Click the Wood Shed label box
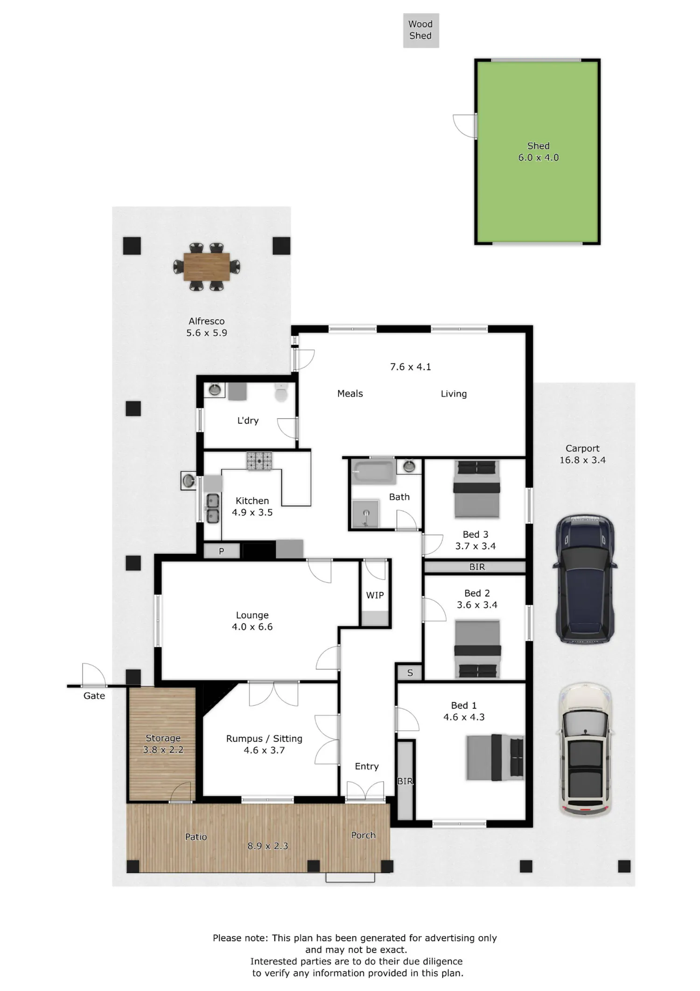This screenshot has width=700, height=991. (x=421, y=30)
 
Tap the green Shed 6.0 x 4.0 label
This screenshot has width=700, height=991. (x=538, y=152)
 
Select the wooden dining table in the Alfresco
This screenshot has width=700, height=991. (x=207, y=267)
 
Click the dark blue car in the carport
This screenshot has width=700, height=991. (x=585, y=579)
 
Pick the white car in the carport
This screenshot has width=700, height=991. (x=585, y=750)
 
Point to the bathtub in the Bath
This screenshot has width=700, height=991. (x=373, y=472)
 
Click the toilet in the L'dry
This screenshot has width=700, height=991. (x=281, y=393)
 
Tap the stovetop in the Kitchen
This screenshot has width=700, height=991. (x=259, y=461)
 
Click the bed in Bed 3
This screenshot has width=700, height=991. (x=476, y=489)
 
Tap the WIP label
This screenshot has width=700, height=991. (x=375, y=595)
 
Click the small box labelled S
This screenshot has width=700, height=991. (x=409, y=672)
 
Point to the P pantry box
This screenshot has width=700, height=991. (x=222, y=551)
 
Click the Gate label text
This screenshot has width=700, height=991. (x=94, y=696)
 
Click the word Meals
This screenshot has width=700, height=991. (x=350, y=394)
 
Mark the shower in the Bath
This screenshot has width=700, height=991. (x=365, y=514)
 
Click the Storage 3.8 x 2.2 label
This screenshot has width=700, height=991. (x=163, y=744)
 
